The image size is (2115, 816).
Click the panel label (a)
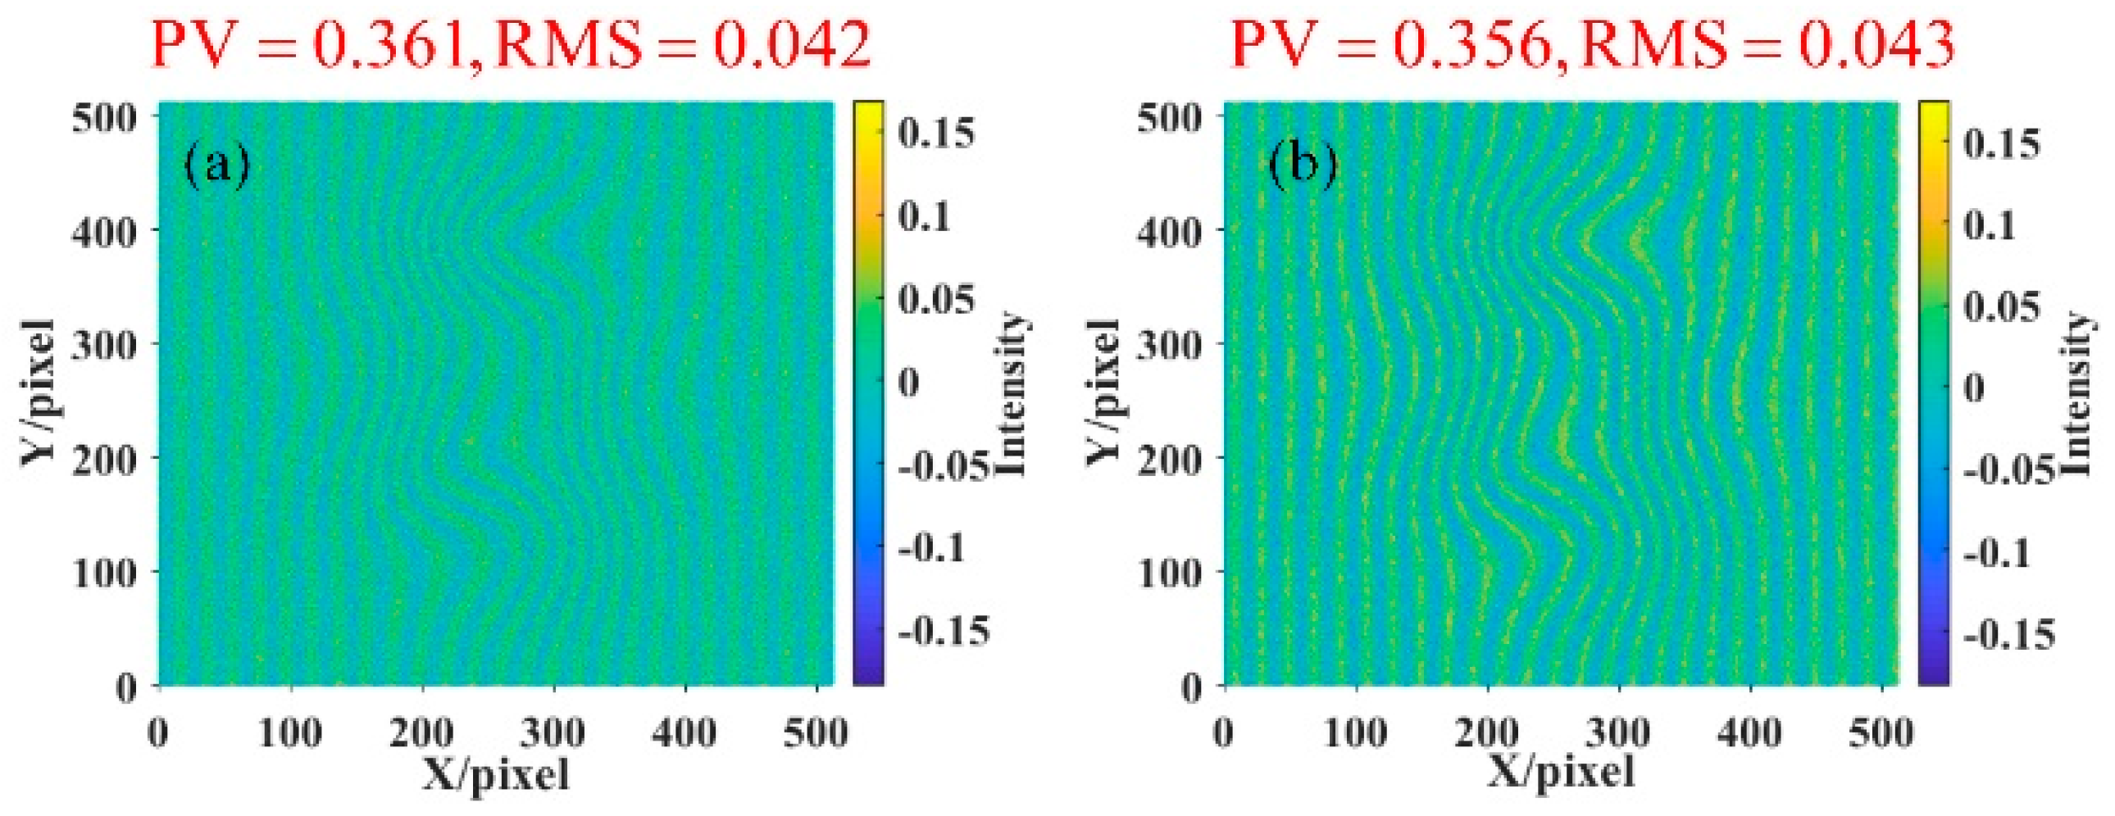click(x=216, y=165)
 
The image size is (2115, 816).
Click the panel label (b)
click(x=1302, y=165)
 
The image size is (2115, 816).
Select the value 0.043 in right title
click(x=1876, y=45)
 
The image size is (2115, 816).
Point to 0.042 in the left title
click(x=790, y=45)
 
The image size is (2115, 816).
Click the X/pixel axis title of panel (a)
click(x=496, y=773)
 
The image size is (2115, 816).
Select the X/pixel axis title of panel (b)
click(x=1561, y=773)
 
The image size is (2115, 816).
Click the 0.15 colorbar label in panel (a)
click(x=936, y=133)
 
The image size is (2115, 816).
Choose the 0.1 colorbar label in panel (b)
click(x=1990, y=225)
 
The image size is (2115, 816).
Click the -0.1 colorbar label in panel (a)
click(x=931, y=548)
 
